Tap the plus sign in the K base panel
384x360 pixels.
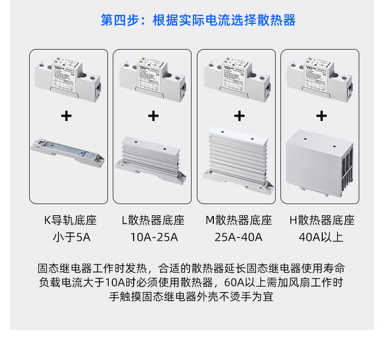coord(66,116)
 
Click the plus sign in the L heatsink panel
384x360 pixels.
coord(153,116)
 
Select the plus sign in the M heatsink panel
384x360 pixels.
coord(239,116)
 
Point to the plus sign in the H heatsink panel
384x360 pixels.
coord(321,116)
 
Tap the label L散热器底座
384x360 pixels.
coord(153,221)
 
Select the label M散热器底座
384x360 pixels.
coord(238,221)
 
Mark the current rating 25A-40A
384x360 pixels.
coord(238,238)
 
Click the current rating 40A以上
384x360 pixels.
coord(321,238)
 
